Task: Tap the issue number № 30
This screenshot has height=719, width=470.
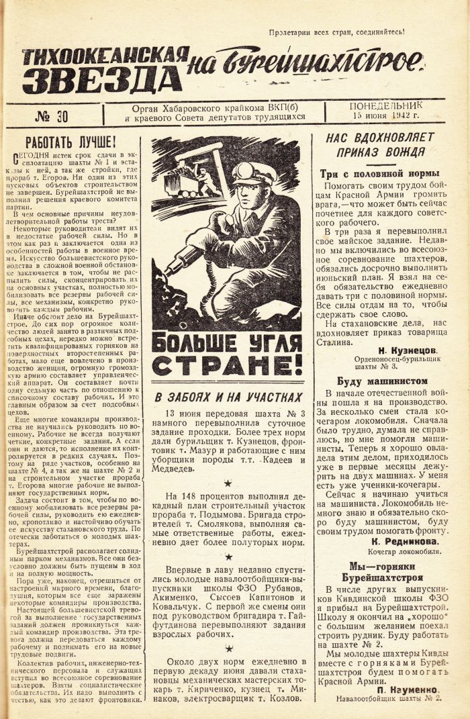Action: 52,116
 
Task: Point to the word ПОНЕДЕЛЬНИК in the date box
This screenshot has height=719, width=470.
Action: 386,106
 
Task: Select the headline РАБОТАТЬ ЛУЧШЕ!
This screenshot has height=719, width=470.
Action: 70,143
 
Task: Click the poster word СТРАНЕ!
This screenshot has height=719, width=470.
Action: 226,365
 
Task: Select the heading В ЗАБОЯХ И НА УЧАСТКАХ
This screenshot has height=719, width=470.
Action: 228,397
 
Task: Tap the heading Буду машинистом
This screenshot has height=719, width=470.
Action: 377,380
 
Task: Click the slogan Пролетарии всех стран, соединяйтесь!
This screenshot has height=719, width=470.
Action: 336,32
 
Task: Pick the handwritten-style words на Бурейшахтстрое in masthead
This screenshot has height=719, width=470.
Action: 305,64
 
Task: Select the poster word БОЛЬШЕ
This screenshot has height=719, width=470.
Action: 196,341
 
